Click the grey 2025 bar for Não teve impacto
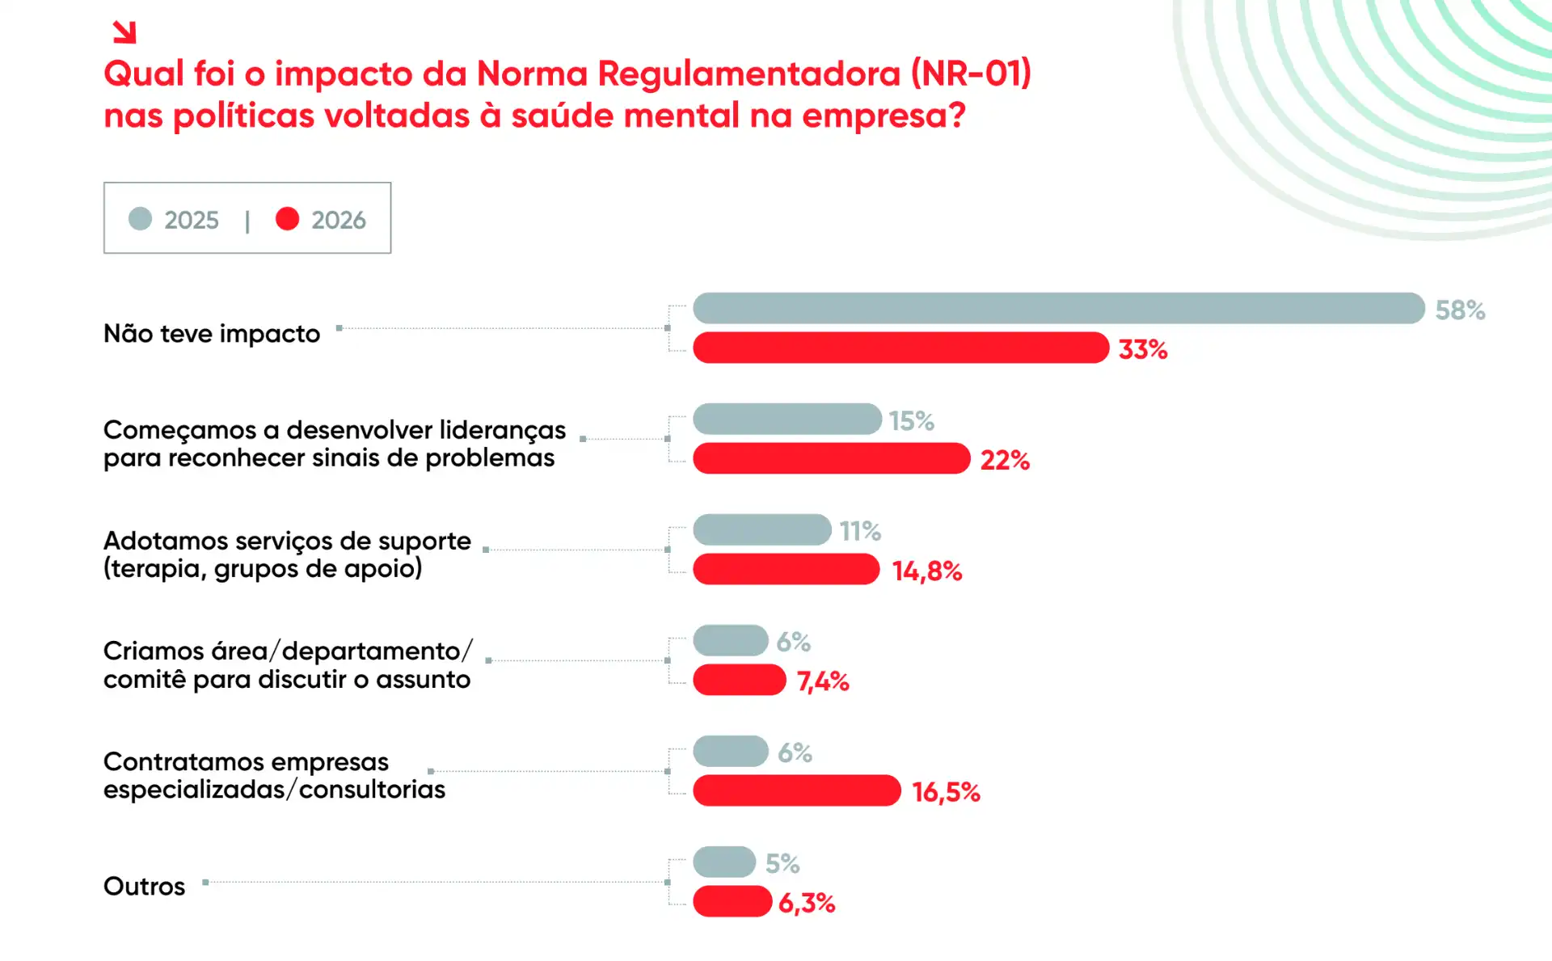tap(1058, 308)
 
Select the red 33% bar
tap(900, 348)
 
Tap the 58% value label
tap(1460, 310)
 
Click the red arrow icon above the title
tap(124, 32)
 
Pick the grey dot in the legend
tap(141, 219)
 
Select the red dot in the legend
tap(287, 219)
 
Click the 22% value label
tap(1005, 461)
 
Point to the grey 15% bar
tap(787, 419)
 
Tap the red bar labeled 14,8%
tap(786, 569)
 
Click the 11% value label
tap(859, 531)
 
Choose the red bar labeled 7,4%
tap(739, 680)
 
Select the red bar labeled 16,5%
tap(796, 790)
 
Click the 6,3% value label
tap(806, 903)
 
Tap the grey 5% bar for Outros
tap(724, 862)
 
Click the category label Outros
tap(144, 887)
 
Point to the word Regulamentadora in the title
tap(749, 74)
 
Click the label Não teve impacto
tap(212, 334)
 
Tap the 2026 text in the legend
tap(338, 220)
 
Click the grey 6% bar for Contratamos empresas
tap(730, 751)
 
